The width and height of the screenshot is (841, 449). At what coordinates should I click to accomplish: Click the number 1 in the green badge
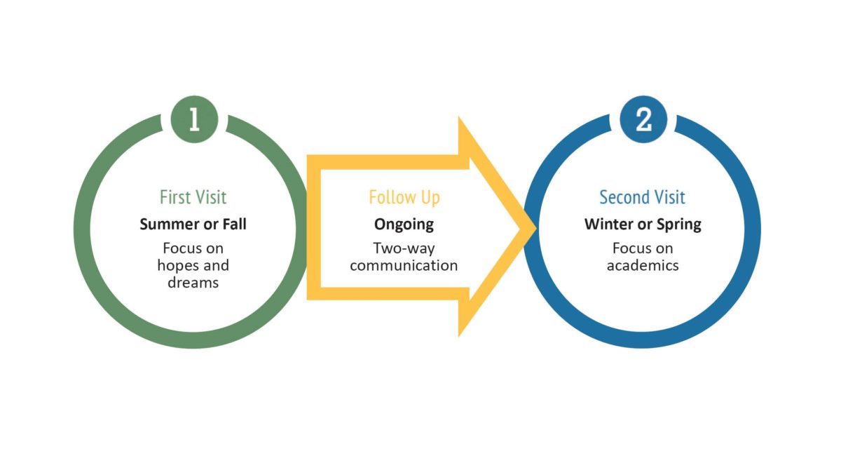tap(194, 120)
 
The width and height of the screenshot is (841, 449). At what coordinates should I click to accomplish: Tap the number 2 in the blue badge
tap(643, 120)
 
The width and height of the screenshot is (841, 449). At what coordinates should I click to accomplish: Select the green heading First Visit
tap(193, 197)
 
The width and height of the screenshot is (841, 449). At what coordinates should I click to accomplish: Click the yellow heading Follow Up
tap(404, 197)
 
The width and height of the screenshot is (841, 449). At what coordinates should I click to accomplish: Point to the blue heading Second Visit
tap(642, 197)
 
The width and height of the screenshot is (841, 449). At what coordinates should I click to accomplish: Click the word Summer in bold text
tap(167, 224)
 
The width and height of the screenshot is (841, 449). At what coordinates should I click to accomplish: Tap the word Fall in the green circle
tap(234, 224)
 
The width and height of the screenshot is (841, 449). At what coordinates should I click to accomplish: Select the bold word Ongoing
tap(404, 224)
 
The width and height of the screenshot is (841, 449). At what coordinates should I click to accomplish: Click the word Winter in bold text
tap(611, 224)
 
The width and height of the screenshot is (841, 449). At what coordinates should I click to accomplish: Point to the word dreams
tap(193, 283)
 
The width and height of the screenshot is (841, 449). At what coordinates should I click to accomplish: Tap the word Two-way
tap(404, 248)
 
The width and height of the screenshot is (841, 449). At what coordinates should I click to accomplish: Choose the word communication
tap(404, 266)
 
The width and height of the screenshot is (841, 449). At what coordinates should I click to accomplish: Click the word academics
tap(643, 266)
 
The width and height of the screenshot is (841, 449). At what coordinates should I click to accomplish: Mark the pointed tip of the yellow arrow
tap(535, 227)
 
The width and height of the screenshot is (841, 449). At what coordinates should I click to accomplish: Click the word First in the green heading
tap(175, 197)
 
